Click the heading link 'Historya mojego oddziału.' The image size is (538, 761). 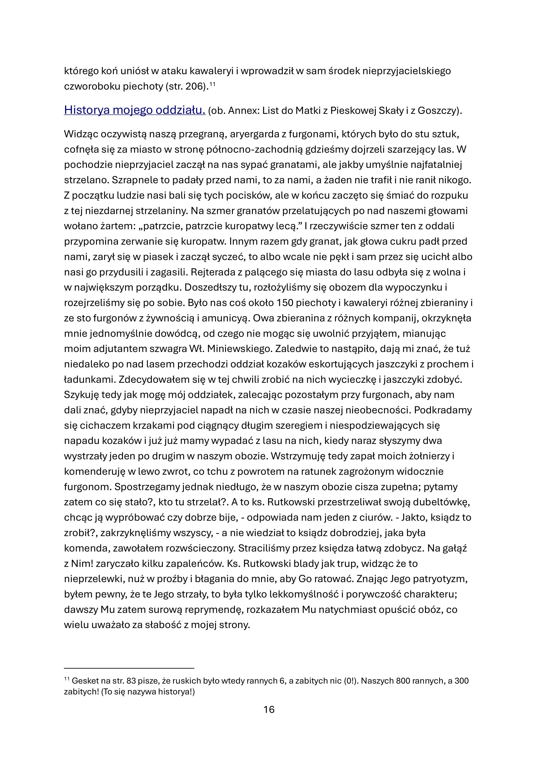pyautogui.click(x=135, y=110)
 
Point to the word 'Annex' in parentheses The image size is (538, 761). pyautogui.click(x=241, y=110)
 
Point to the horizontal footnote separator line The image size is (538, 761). pyautogui.click(x=129, y=669)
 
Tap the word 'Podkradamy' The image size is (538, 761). pyautogui.click(x=443, y=410)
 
